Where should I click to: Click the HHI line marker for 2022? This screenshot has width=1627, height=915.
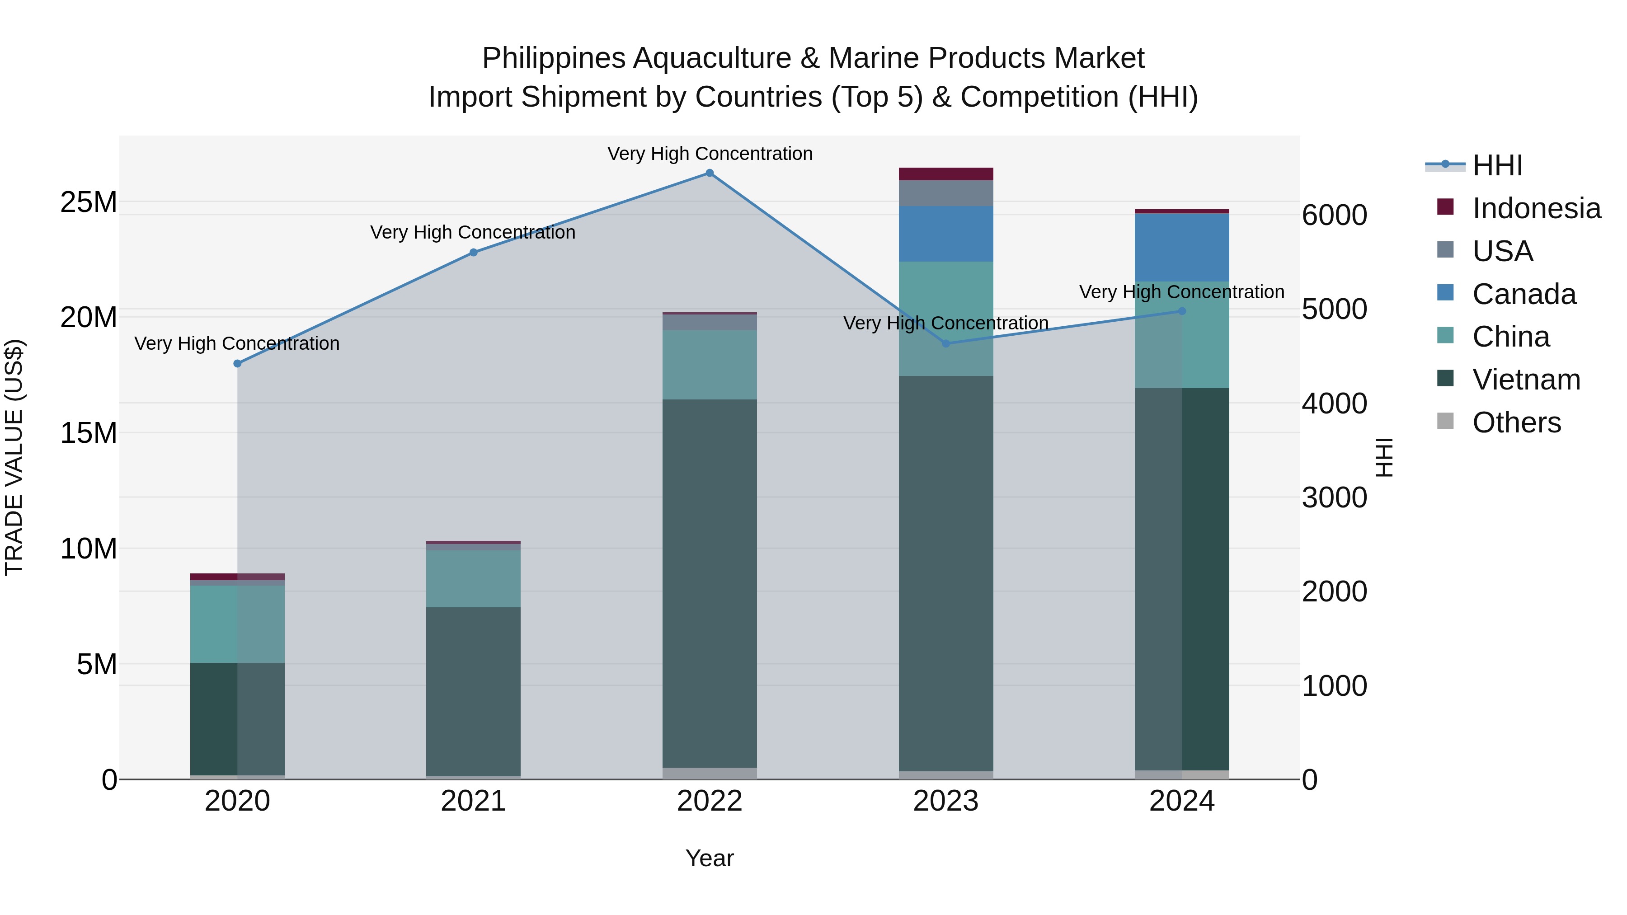pyautogui.click(x=709, y=173)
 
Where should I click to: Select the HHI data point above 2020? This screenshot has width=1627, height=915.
pyautogui.click(x=237, y=364)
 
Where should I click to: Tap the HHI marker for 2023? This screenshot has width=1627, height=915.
pyautogui.click(x=945, y=343)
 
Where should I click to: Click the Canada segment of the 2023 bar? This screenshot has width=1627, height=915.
pyautogui.click(x=945, y=234)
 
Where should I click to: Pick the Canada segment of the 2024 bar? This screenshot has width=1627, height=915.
pyautogui.click(x=1182, y=248)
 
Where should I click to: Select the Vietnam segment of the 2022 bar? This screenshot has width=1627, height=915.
pyautogui.click(x=709, y=583)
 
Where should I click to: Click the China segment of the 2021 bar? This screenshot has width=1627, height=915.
pyautogui.click(x=473, y=578)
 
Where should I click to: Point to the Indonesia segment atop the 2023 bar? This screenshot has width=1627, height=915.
pyautogui.click(x=945, y=174)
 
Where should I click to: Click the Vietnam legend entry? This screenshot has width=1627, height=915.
pyautogui.click(x=1525, y=380)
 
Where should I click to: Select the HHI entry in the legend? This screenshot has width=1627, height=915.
pyautogui.click(x=1497, y=165)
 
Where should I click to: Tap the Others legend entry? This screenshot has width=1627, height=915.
pyautogui.click(x=1516, y=422)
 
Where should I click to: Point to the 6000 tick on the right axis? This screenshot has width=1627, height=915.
pyautogui.click(x=1334, y=216)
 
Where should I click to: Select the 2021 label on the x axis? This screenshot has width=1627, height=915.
pyautogui.click(x=473, y=801)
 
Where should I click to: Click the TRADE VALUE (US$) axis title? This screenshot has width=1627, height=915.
pyautogui.click(x=14, y=457)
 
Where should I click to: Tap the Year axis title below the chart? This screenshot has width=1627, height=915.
pyautogui.click(x=709, y=858)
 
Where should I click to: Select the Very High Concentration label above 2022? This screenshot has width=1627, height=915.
pyautogui.click(x=709, y=154)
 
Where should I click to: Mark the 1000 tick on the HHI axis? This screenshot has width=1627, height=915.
pyautogui.click(x=1334, y=686)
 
